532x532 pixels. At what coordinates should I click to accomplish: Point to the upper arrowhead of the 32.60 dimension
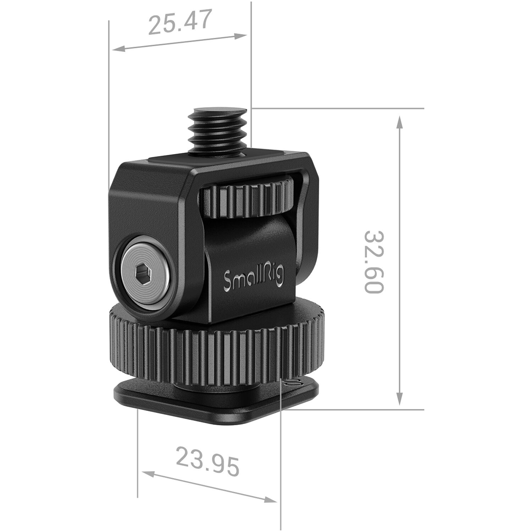tap(400, 122)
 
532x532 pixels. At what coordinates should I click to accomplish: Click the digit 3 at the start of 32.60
tap(374, 238)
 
